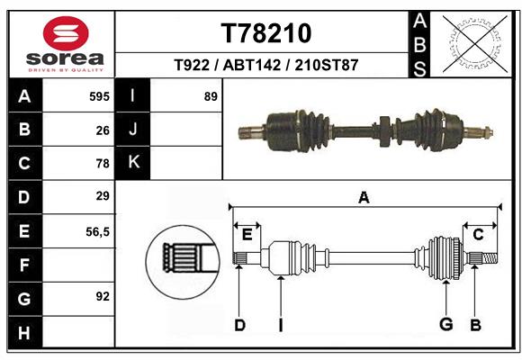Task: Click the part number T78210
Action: (x=266, y=33)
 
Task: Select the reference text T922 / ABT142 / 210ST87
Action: (x=266, y=66)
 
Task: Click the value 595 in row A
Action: (x=98, y=96)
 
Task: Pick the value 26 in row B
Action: (x=103, y=130)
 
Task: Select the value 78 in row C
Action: (x=103, y=163)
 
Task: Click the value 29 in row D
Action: (x=103, y=196)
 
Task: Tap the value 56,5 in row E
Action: (x=97, y=230)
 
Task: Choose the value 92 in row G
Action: (x=103, y=295)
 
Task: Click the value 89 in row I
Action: (x=211, y=96)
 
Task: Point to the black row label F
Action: (x=24, y=265)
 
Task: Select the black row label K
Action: (x=133, y=163)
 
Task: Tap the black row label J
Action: (x=133, y=130)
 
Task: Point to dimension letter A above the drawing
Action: (x=364, y=197)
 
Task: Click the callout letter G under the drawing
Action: (x=445, y=324)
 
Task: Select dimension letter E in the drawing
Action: (x=247, y=235)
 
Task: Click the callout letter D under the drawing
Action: (x=239, y=324)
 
